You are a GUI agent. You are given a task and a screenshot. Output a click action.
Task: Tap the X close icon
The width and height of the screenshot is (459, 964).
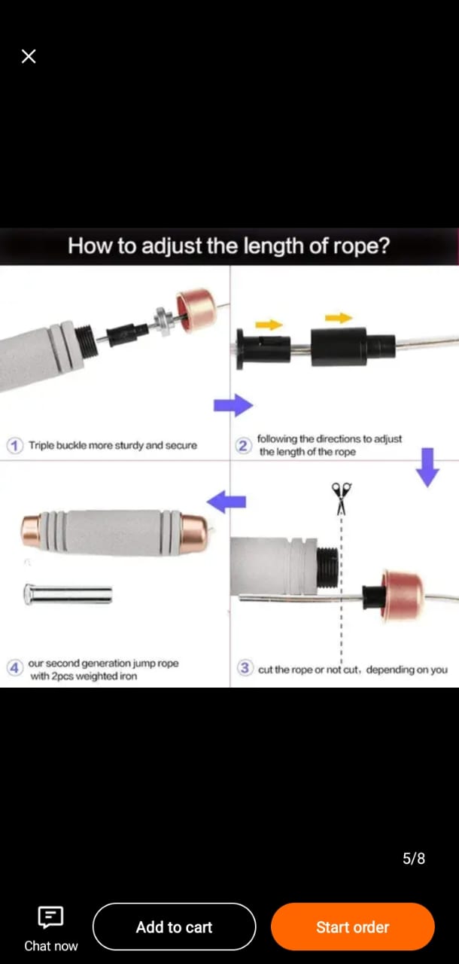[x=29, y=56]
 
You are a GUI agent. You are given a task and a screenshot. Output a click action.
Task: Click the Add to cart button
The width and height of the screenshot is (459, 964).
[x=174, y=926]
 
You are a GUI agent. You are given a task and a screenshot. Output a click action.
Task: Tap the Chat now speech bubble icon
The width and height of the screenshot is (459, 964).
[x=50, y=917]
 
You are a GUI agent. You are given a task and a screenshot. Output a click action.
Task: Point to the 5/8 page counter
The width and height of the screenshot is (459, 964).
[x=413, y=859]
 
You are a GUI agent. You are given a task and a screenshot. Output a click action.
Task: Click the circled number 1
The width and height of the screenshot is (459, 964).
[x=14, y=445]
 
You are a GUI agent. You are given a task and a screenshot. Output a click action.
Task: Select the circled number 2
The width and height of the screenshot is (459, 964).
[x=243, y=446]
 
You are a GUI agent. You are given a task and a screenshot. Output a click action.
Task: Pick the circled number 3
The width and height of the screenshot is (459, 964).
[x=245, y=668]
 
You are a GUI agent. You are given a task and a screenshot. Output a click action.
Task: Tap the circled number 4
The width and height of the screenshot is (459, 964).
[x=14, y=668]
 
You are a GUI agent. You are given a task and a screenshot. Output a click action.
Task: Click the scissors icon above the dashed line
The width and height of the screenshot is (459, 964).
[x=342, y=499]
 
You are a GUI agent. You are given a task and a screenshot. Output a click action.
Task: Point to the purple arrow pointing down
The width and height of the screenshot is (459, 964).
[x=427, y=468]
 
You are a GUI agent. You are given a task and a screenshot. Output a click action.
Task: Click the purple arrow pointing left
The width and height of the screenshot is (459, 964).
[x=226, y=502]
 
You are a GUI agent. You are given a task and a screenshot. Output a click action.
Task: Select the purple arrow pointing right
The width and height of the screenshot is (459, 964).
[x=233, y=405]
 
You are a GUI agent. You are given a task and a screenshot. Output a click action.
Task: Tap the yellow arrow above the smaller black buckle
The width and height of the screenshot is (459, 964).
[x=269, y=324]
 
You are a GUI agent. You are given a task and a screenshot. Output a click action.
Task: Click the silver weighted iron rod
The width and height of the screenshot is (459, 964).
[x=68, y=594]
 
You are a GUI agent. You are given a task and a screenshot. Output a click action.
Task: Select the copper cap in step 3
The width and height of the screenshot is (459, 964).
[x=403, y=594]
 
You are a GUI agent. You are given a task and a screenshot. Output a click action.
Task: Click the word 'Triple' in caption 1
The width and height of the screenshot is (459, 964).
[x=41, y=445]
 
